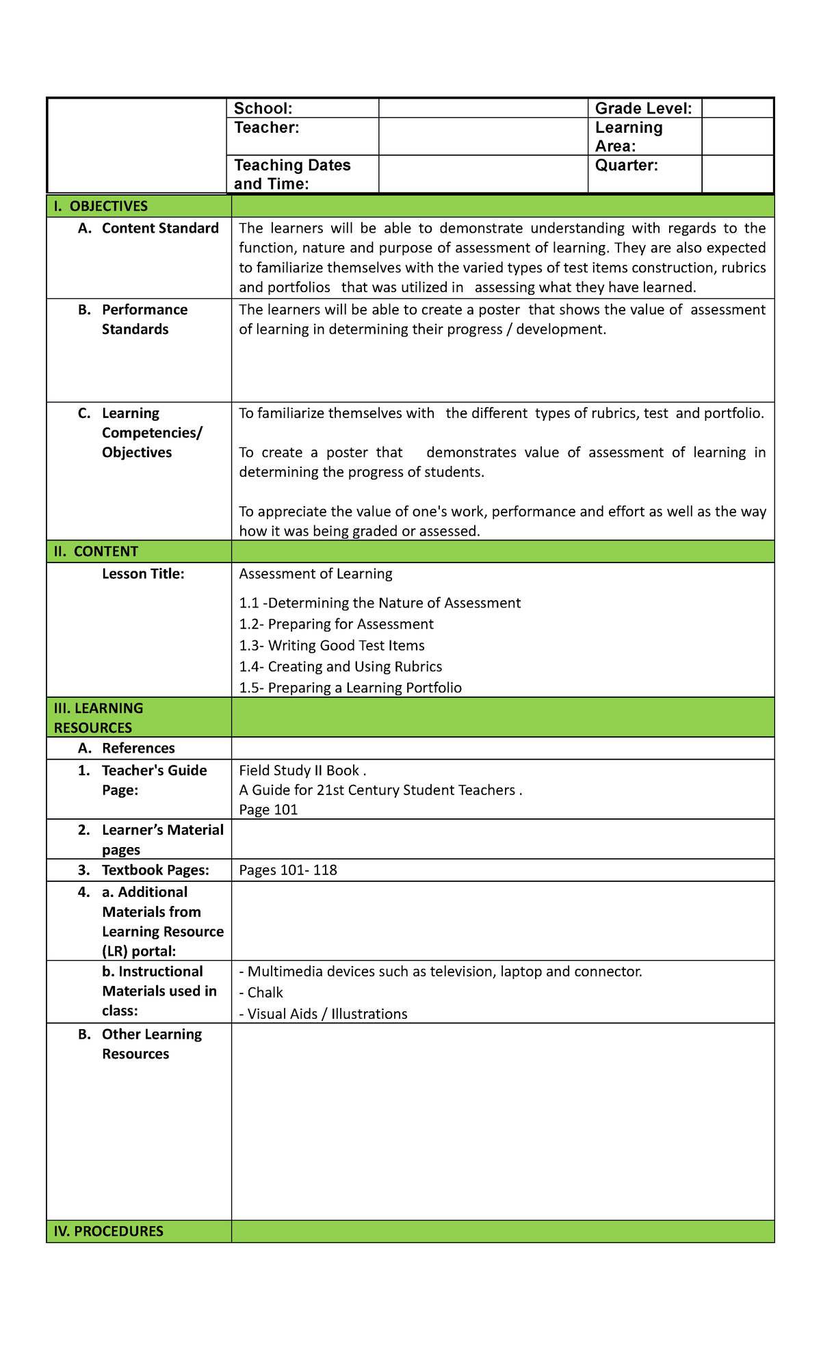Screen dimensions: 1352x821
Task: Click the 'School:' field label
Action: click(x=263, y=108)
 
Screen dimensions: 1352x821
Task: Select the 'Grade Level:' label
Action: click(x=643, y=108)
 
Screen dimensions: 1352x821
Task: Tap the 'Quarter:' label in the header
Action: click(x=627, y=165)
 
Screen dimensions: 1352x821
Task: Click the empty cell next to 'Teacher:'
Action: click(x=483, y=136)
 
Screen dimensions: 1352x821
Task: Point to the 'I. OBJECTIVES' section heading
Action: click(x=101, y=206)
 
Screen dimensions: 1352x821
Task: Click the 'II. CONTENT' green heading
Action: click(x=96, y=551)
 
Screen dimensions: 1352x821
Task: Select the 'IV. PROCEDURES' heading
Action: click(x=108, y=1232)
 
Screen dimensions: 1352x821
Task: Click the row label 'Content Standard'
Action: click(x=159, y=229)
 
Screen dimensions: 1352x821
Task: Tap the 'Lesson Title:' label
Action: click(x=143, y=574)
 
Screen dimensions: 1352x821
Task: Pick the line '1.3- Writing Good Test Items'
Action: click(x=332, y=645)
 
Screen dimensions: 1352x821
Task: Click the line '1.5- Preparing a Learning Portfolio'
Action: click(x=350, y=688)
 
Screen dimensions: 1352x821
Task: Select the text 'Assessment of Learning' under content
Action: click(x=315, y=574)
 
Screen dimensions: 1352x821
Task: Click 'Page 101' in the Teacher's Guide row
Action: click(x=268, y=810)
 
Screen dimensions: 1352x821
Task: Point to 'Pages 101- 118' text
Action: click(x=288, y=870)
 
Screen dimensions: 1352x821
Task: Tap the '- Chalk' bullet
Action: click(x=261, y=993)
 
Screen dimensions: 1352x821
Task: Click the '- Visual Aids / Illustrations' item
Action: click(x=323, y=1014)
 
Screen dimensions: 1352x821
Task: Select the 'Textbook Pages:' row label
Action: click(x=155, y=870)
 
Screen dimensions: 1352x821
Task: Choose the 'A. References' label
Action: click(x=138, y=749)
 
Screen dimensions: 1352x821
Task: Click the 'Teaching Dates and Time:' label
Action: click(x=292, y=174)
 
